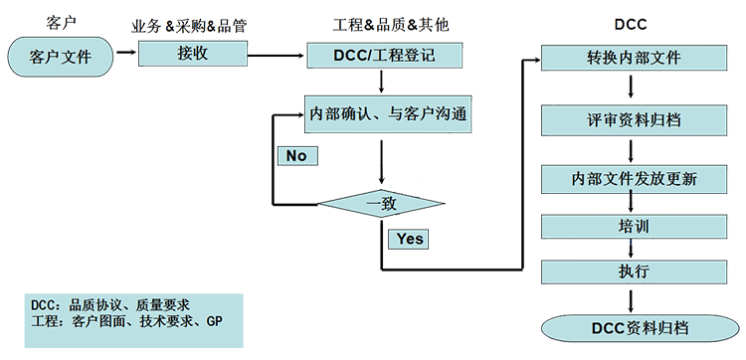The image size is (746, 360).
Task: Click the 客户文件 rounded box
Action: click(61, 57)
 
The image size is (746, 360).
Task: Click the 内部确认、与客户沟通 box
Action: click(386, 114)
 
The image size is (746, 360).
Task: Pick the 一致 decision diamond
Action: click(382, 204)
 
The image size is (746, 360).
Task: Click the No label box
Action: click(295, 156)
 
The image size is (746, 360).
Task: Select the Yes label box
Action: click(410, 239)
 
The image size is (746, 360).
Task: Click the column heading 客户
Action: click(61, 22)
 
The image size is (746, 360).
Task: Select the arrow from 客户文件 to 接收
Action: click(126, 53)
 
